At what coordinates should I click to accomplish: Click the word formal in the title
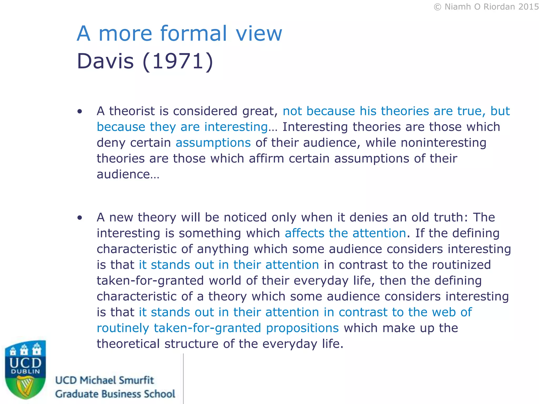click(193, 33)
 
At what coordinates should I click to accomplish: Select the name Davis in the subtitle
click(105, 61)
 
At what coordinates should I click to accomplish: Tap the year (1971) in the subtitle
click(178, 61)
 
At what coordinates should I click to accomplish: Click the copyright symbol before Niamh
click(437, 7)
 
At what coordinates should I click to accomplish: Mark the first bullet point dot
click(80, 112)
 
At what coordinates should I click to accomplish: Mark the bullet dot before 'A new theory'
click(80, 218)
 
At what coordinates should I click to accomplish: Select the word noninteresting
click(443, 143)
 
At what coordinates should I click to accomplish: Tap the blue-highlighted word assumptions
click(213, 143)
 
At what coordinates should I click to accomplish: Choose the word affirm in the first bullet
click(266, 159)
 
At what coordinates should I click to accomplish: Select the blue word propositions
click(302, 328)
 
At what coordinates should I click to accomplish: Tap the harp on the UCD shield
click(25, 386)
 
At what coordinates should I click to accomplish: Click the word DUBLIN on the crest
click(26, 372)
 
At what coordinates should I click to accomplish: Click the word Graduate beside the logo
click(76, 394)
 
